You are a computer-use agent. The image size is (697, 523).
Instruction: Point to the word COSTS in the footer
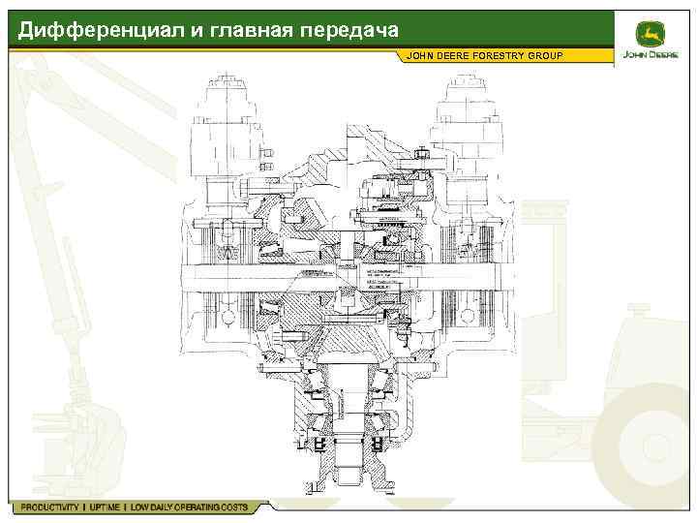231,508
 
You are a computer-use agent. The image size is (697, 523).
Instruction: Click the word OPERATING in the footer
193,508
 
